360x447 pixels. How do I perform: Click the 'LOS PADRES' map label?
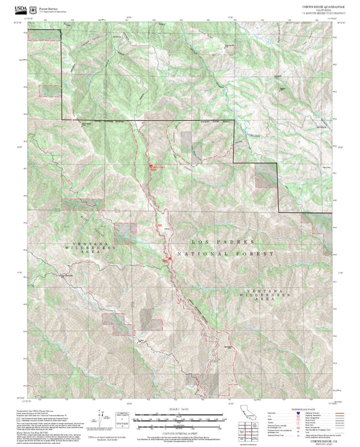point(213,241)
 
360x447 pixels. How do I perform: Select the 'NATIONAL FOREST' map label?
point(226,254)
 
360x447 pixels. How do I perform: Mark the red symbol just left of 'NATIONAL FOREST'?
point(165,257)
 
